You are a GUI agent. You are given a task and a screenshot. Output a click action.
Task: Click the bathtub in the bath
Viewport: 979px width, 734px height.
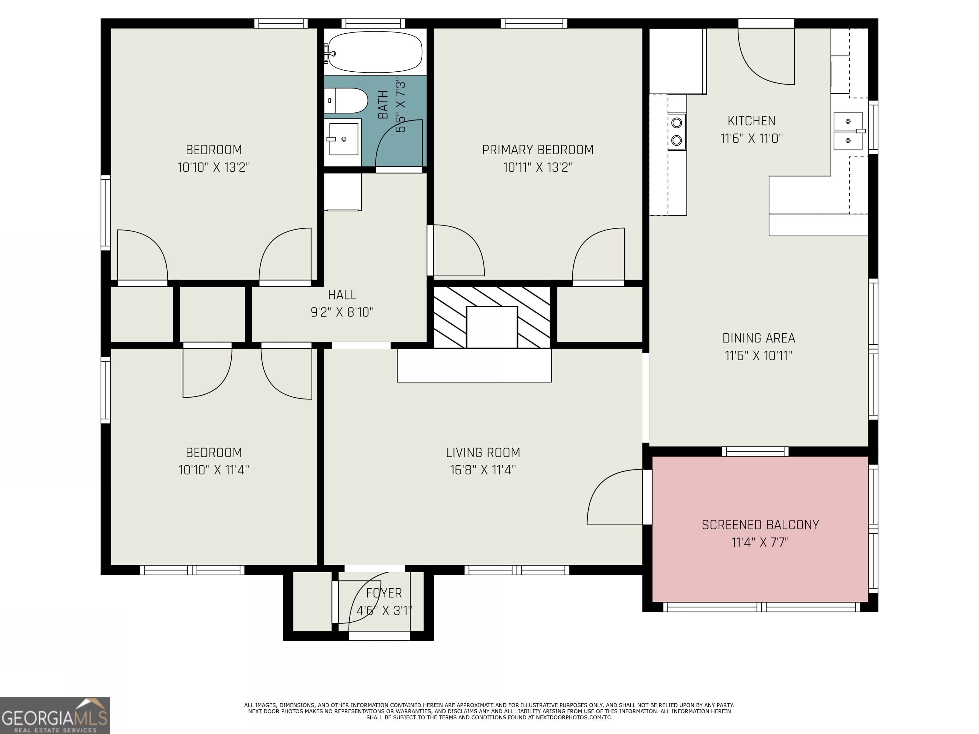(x=375, y=52)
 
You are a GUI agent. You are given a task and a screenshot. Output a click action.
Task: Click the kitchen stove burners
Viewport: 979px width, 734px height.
(x=676, y=131)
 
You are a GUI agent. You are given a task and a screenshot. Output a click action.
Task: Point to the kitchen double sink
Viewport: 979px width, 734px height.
(x=848, y=131)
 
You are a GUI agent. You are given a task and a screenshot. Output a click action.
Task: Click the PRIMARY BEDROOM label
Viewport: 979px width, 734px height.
(x=537, y=150)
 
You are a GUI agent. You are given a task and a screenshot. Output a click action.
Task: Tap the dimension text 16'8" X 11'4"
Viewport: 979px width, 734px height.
(x=483, y=470)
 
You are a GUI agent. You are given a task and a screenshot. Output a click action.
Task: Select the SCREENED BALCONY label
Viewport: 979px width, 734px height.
(x=760, y=525)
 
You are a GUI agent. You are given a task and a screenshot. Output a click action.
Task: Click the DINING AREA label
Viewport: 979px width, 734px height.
(x=758, y=338)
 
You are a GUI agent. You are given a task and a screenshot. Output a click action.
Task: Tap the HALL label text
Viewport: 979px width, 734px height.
(x=342, y=295)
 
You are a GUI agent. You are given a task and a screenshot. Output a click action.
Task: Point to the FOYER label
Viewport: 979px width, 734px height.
(x=384, y=593)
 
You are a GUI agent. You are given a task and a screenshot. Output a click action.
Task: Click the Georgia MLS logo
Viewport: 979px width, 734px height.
(x=54, y=716)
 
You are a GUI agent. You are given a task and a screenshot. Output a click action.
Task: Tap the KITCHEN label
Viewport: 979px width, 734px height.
(x=751, y=121)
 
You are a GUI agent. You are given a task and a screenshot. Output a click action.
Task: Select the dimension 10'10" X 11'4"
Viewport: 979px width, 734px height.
(x=214, y=470)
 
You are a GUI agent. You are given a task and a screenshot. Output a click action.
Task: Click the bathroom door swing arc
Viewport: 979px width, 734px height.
(x=398, y=144)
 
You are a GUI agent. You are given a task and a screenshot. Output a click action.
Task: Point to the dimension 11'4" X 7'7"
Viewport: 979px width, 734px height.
(x=760, y=543)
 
